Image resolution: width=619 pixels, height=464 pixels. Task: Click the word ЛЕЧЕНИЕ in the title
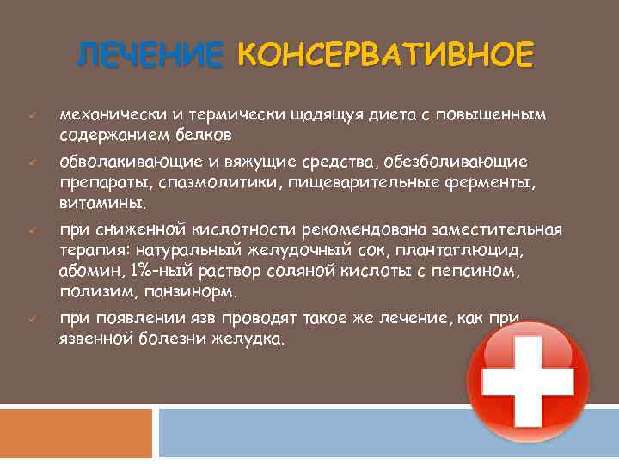click(x=148, y=57)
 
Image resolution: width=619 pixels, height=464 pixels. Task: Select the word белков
click(x=203, y=136)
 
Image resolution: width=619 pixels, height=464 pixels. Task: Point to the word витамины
click(x=102, y=204)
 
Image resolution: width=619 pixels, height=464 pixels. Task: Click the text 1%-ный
click(x=156, y=271)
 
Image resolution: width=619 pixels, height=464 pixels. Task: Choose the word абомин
click(x=91, y=271)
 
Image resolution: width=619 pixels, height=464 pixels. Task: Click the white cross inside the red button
click(x=527, y=382)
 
